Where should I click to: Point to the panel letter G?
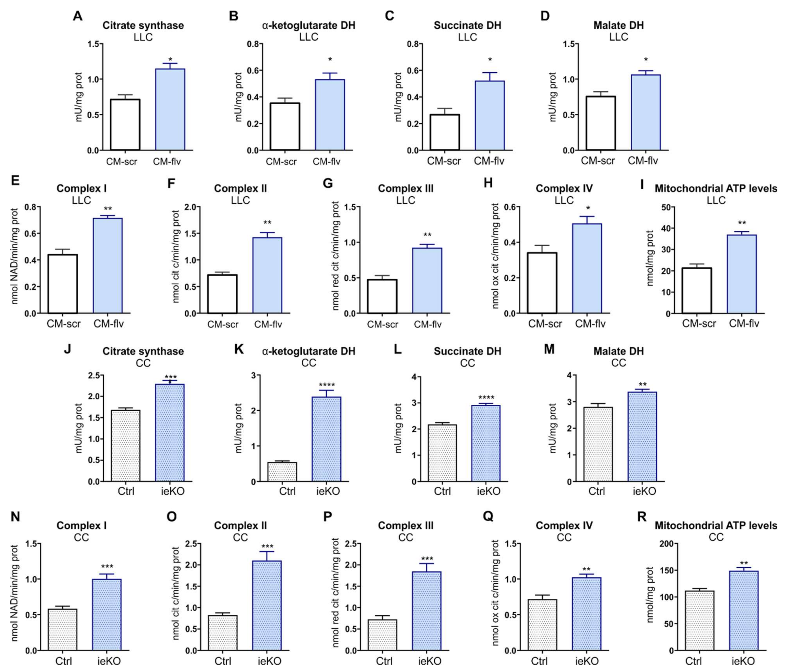pyautogui.click(x=327, y=184)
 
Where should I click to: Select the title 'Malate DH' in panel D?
pyautogui.click(x=618, y=25)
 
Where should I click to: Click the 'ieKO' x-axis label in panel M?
pyautogui.click(x=644, y=491)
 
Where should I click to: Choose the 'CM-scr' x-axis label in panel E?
pyautogui.click(x=63, y=324)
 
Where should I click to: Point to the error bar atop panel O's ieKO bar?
pyautogui.click(x=267, y=556)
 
